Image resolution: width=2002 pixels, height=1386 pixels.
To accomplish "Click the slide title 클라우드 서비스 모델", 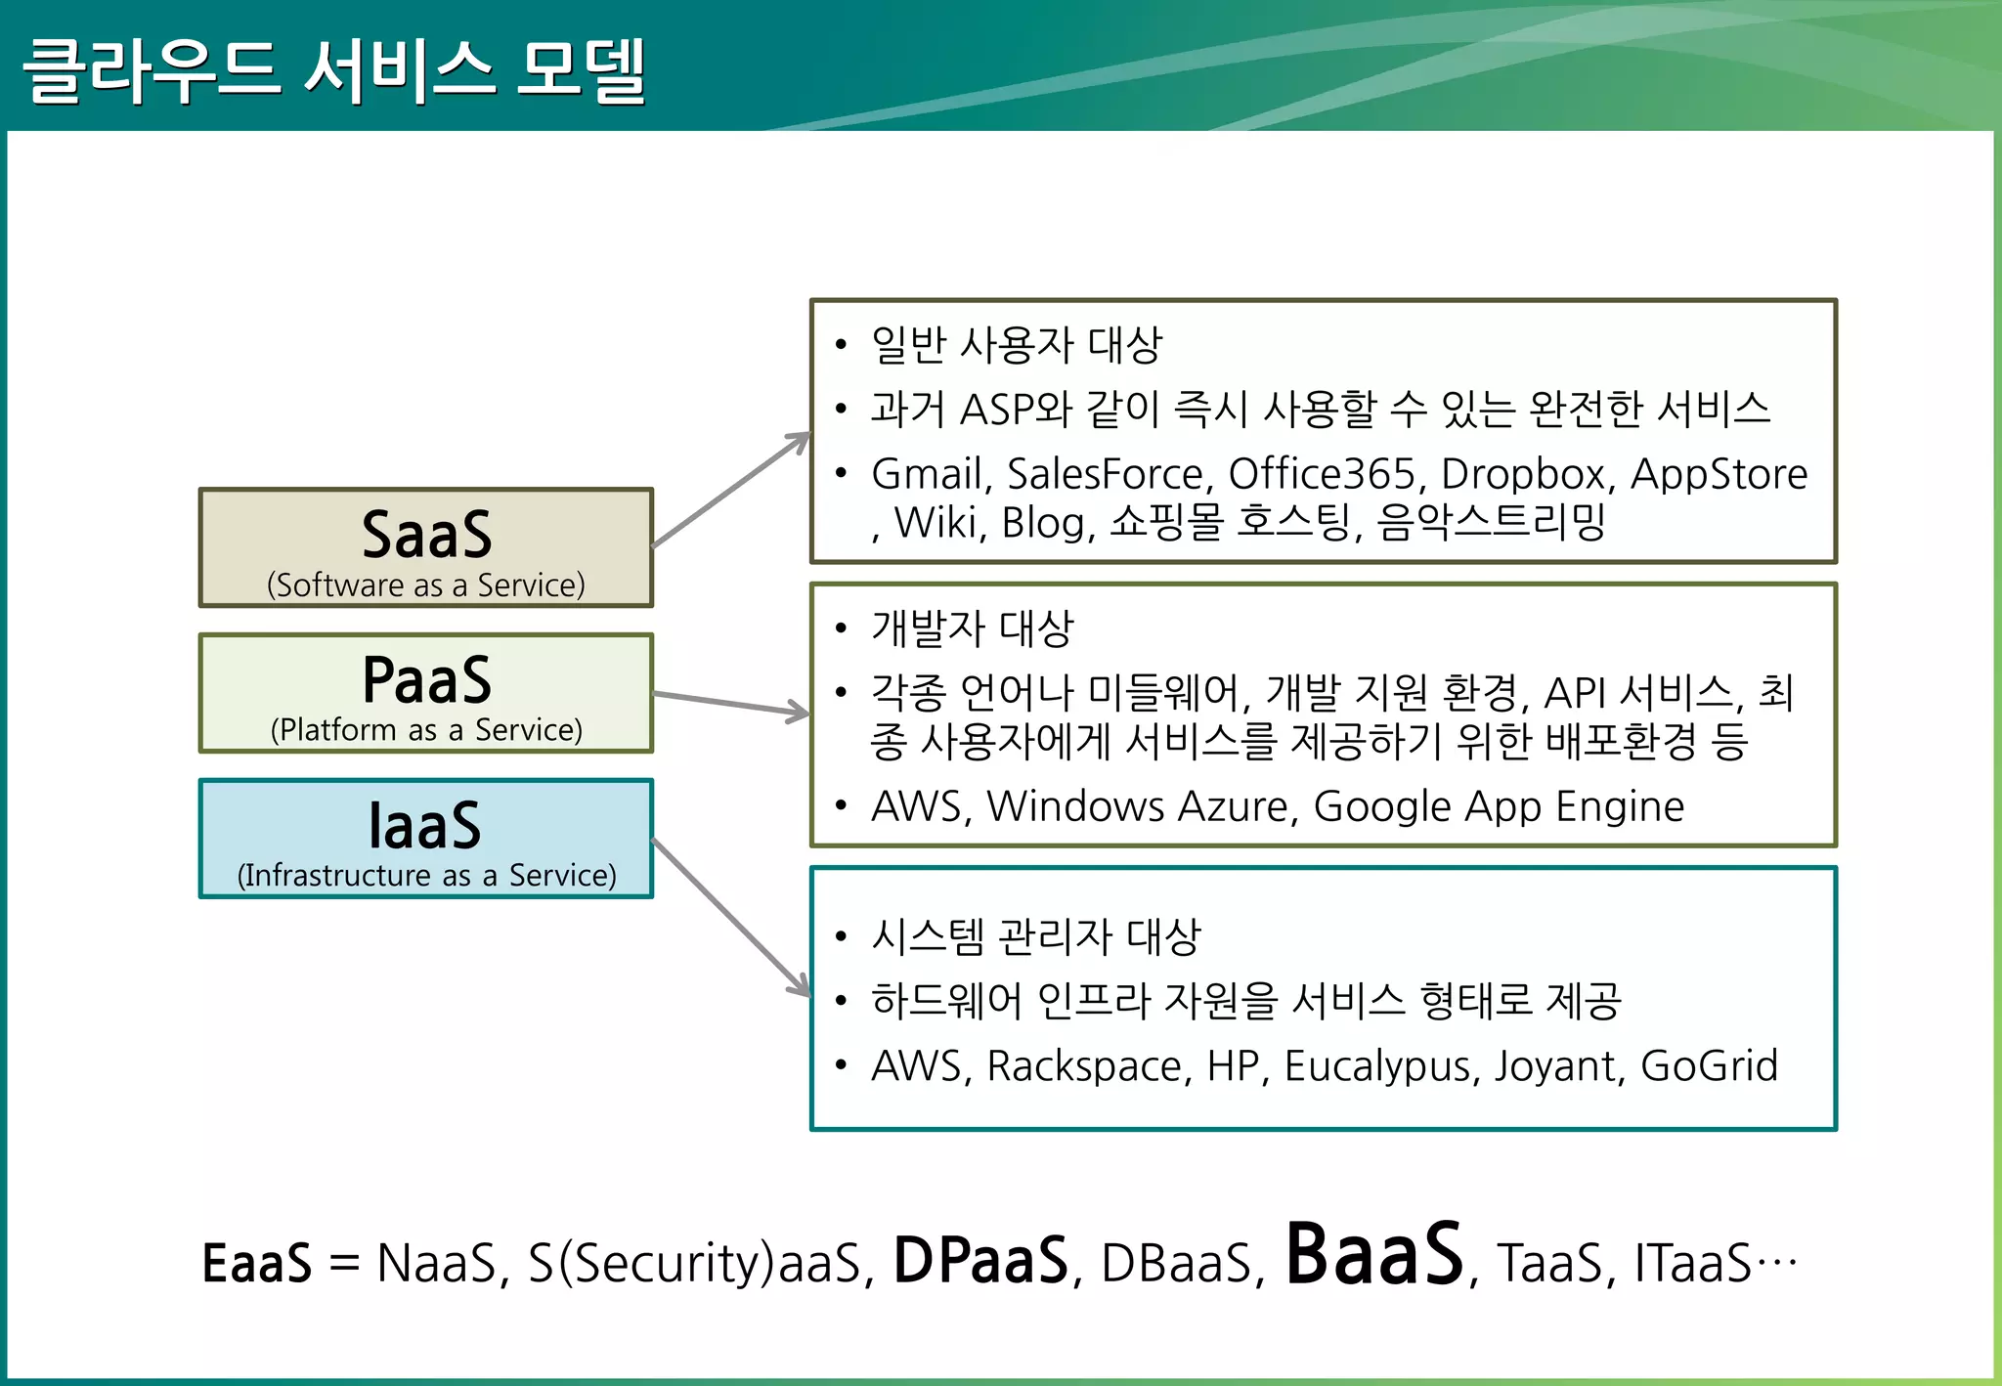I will [x=333, y=70].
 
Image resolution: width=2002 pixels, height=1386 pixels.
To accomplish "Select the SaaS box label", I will [x=426, y=536].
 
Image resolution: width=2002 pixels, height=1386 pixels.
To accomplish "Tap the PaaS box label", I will [x=426, y=680].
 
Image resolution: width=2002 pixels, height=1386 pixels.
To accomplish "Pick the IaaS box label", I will [x=426, y=826].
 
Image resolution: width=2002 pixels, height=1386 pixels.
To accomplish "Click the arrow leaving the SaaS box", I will [x=731, y=490].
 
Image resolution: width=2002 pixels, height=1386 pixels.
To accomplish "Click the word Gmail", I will [x=927, y=474].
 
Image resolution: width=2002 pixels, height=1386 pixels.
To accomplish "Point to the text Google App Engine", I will [x=1498, y=807].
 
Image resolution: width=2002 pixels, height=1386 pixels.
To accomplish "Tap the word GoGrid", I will [x=1709, y=1066].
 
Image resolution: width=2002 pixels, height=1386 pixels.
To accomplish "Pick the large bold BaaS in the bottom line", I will [x=1373, y=1255].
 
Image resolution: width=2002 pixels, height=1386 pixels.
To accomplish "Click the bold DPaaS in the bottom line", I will [x=980, y=1261].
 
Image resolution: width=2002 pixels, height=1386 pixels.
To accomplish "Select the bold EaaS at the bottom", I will [x=256, y=1263].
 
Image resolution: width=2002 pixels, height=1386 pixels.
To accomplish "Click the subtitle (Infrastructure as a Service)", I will [x=426, y=875].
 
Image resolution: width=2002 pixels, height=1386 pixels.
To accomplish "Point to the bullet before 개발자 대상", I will [x=841, y=628].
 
